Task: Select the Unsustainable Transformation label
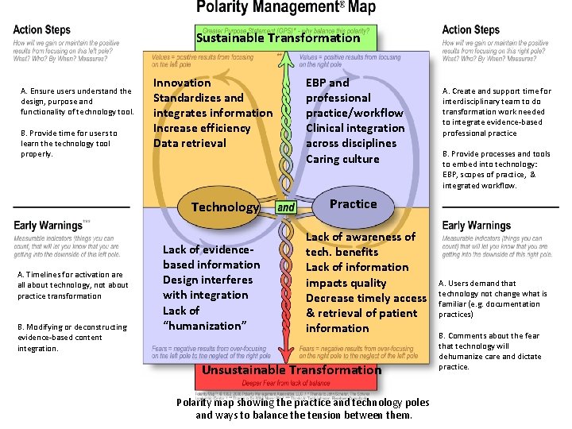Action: click(x=292, y=369)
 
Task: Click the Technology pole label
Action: click(x=225, y=207)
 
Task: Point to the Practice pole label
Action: click(x=353, y=204)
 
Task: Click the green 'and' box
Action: click(x=286, y=207)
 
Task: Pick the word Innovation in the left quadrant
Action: click(x=182, y=83)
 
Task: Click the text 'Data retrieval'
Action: click(x=189, y=143)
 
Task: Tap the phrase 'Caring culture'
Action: click(x=342, y=159)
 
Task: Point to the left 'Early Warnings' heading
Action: click(x=48, y=226)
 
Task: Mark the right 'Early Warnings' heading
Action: click(x=477, y=226)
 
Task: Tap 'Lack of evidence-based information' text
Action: click(x=211, y=257)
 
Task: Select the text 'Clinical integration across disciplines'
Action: click(x=355, y=136)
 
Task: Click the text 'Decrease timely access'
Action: click(x=366, y=298)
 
